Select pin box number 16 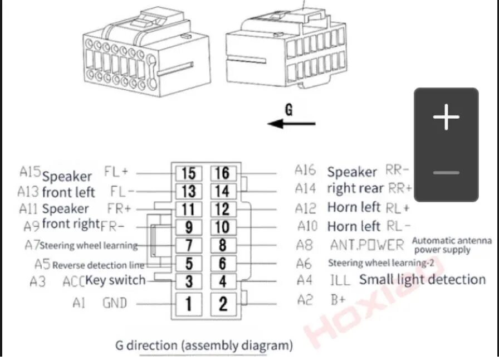tap(222, 173)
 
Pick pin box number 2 tap(223, 303)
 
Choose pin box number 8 tap(222, 245)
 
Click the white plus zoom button tap(446, 118)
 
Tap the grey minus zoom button tap(446, 173)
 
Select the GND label tap(115, 303)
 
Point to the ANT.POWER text tap(366, 245)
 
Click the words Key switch tap(115, 280)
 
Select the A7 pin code tap(32, 245)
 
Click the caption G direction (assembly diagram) tap(204, 345)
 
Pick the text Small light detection tap(422, 280)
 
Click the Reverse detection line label tap(98, 265)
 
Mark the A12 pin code tap(306, 208)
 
